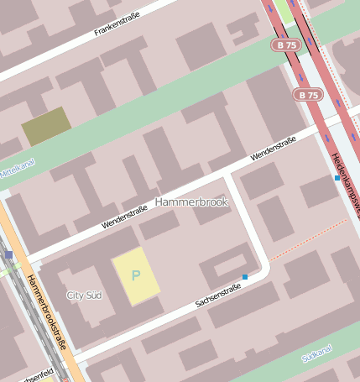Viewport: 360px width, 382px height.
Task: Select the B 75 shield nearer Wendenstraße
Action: click(x=308, y=95)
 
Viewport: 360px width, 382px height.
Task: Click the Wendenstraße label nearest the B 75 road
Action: click(x=273, y=149)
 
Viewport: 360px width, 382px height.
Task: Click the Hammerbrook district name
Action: click(x=191, y=202)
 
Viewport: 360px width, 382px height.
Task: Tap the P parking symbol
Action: click(x=136, y=275)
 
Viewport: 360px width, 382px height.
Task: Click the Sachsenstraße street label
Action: click(x=218, y=295)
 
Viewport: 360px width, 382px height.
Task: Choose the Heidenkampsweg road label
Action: click(x=345, y=181)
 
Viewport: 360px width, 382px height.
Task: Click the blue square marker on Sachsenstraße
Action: click(x=245, y=277)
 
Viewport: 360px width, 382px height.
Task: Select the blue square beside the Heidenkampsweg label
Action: click(x=337, y=178)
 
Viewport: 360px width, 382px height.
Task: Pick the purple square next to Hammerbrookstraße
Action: click(x=9, y=254)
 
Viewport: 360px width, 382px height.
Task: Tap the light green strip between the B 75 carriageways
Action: click(x=285, y=11)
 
